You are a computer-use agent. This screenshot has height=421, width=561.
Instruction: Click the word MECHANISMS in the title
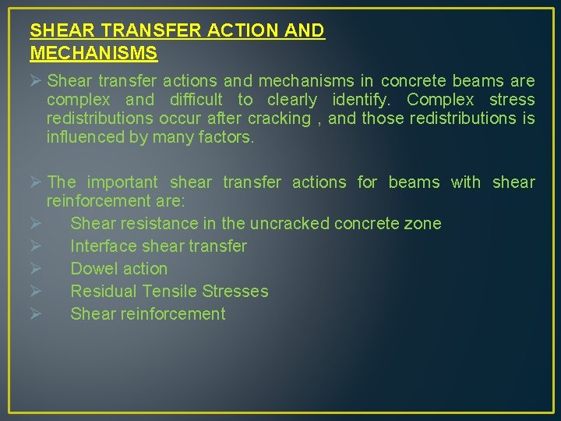pos(93,53)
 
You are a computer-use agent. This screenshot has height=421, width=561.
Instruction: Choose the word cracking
pos(278,119)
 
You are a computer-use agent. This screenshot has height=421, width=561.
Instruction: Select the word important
pos(122,182)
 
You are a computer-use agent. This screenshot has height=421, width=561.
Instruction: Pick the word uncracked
pos(289,224)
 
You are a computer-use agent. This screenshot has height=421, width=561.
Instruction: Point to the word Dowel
pos(92,269)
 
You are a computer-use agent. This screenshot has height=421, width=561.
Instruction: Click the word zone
pos(424,224)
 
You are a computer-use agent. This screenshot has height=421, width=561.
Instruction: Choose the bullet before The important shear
pos(36,182)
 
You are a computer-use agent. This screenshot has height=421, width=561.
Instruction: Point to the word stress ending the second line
pos(512,100)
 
